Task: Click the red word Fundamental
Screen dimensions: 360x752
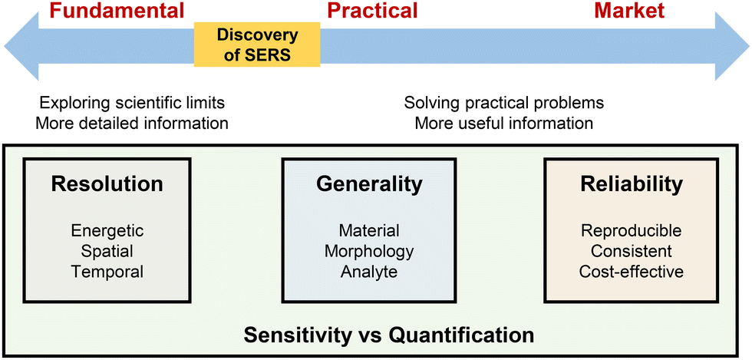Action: (117, 11)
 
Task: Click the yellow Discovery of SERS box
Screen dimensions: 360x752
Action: (257, 44)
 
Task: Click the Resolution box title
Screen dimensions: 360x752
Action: (107, 184)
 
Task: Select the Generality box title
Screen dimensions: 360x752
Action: (368, 184)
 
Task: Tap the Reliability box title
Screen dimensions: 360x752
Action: (632, 184)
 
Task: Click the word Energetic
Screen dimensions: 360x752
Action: (107, 230)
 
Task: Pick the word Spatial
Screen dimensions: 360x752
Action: (107, 250)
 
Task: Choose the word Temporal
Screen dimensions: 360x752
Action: (107, 271)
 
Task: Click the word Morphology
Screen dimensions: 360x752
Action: (368, 251)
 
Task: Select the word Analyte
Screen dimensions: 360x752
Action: (368, 271)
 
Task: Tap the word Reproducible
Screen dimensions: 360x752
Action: (632, 230)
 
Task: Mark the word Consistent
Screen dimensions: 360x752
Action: (632, 251)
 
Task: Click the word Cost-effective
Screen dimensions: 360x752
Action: (632, 271)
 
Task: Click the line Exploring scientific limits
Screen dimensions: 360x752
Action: (134, 103)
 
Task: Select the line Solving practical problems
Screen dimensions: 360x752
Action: (504, 103)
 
